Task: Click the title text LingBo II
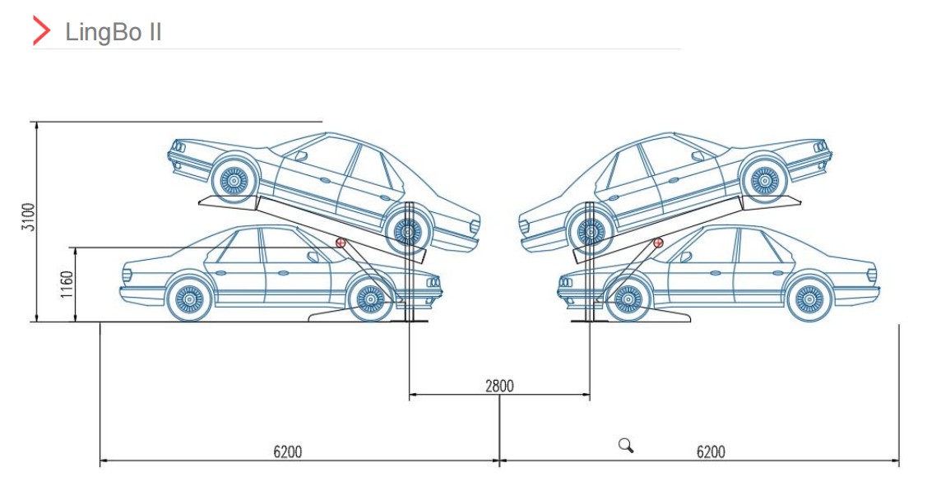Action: tap(113, 32)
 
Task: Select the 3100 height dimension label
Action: tap(27, 218)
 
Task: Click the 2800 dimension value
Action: tap(498, 386)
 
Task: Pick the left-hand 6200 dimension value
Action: tap(287, 451)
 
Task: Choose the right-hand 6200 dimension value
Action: tap(711, 451)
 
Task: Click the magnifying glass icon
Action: tap(626, 446)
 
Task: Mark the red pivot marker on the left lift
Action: tap(341, 243)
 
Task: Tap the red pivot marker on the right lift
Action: tap(658, 243)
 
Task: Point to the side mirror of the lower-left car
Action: tap(313, 257)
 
